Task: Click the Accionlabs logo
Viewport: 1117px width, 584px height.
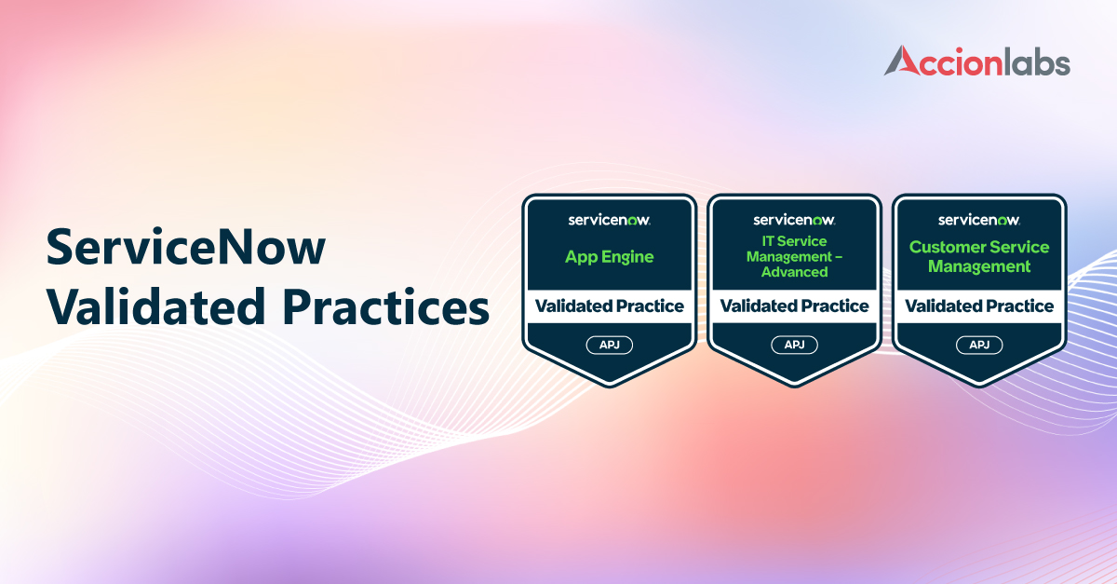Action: pos(977,61)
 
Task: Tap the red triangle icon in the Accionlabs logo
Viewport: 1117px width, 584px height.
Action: pos(904,61)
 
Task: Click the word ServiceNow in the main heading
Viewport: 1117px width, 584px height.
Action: pos(185,247)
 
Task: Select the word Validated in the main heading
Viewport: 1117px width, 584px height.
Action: pos(155,306)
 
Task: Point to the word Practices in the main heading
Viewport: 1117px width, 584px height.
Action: pos(386,306)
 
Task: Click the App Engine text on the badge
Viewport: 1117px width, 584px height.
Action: pos(610,257)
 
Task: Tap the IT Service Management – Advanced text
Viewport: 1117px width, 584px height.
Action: pos(794,256)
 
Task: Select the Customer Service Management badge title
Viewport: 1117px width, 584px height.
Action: pos(979,256)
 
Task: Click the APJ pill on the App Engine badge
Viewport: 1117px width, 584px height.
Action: pos(610,345)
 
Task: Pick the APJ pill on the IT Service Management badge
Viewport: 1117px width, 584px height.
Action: pos(794,345)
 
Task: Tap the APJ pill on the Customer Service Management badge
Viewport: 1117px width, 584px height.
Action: pos(979,345)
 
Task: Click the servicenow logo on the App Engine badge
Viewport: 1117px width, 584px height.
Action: pos(610,220)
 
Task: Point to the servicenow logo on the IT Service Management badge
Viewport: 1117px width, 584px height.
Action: pos(794,220)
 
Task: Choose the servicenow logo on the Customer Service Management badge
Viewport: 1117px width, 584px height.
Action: pos(979,220)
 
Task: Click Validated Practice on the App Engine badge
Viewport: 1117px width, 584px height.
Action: pos(610,306)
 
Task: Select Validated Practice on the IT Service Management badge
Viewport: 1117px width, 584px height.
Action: pos(794,306)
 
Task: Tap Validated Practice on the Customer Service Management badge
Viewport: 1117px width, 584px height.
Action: pos(979,306)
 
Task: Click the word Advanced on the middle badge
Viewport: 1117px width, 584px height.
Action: pos(794,272)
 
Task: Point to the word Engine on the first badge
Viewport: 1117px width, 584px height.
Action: pos(627,258)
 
